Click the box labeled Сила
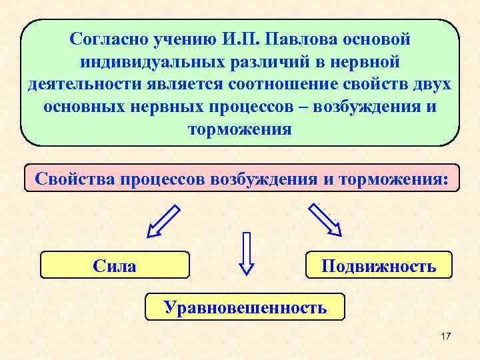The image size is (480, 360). click(x=115, y=266)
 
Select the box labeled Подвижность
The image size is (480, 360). click(x=378, y=266)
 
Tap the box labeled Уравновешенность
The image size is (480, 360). click(x=245, y=307)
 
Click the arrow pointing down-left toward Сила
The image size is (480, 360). click(x=163, y=221)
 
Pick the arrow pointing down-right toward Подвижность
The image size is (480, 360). click(x=325, y=220)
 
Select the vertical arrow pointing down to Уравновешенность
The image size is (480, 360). click(x=247, y=253)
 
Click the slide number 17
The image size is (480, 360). click(x=446, y=337)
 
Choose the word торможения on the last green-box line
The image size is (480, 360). click(x=240, y=129)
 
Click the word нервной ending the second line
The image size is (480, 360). click(x=364, y=62)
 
